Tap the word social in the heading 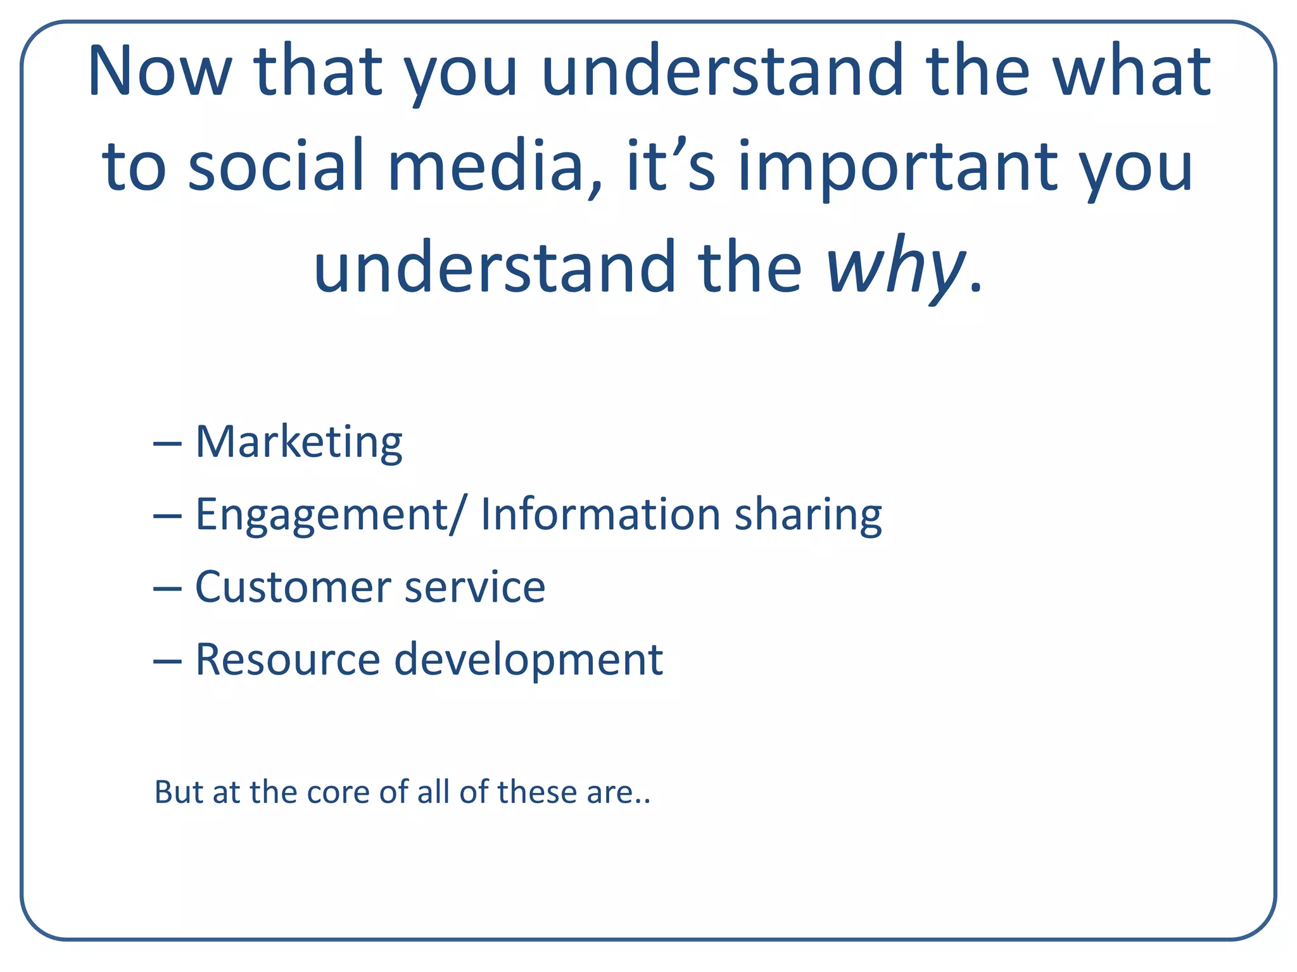pyautogui.click(x=276, y=167)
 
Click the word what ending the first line pyautogui.click(x=1131, y=71)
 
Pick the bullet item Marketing pyautogui.click(x=299, y=443)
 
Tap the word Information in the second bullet pyautogui.click(x=600, y=514)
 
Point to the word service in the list pyautogui.click(x=475, y=587)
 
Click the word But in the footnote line pyautogui.click(x=179, y=792)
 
